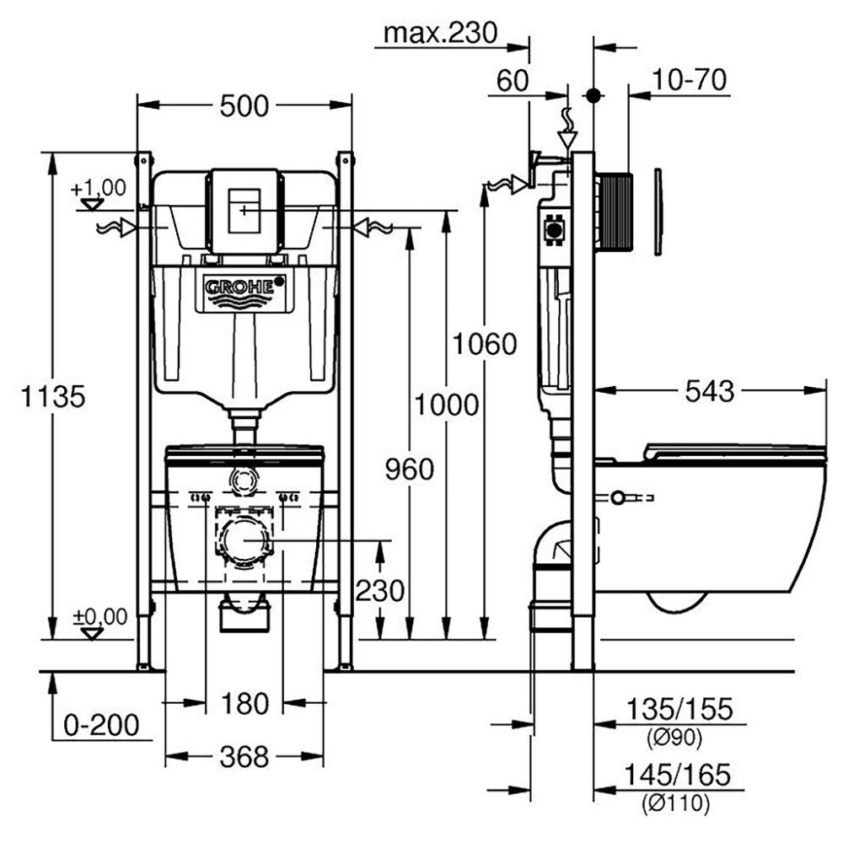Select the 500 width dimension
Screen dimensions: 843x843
click(x=244, y=106)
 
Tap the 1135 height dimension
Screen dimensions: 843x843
click(x=52, y=397)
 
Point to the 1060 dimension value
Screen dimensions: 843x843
click(x=485, y=344)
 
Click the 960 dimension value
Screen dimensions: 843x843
click(x=410, y=470)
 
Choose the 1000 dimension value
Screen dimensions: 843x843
click(x=446, y=405)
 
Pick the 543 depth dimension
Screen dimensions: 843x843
click(x=709, y=391)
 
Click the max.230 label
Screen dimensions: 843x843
click(x=441, y=34)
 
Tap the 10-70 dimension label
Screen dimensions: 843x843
click(x=690, y=79)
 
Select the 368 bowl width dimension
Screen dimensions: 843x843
click(x=244, y=757)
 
